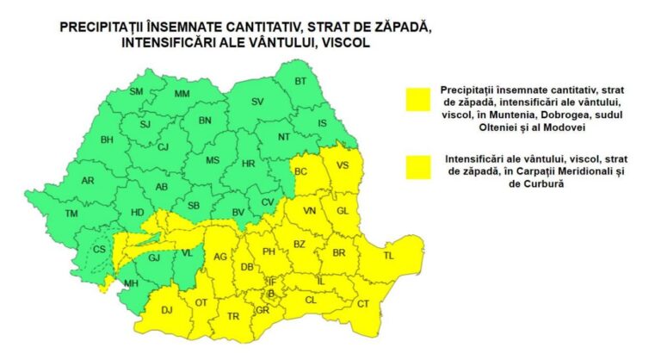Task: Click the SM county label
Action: tap(136, 91)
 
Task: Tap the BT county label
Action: tap(301, 81)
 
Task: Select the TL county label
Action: tap(388, 256)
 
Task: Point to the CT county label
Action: tap(362, 303)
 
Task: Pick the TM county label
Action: tap(71, 214)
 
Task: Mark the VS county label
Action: tap(343, 165)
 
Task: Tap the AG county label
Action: tap(220, 256)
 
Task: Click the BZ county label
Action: tap(300, 244)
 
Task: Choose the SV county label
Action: tap(256, 102)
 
